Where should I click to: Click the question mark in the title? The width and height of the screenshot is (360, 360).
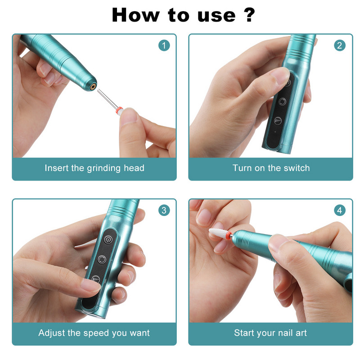tap(249, 15)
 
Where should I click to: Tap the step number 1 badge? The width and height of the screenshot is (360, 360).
tap(164, 45)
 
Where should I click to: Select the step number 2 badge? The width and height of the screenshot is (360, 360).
tap(340, 45)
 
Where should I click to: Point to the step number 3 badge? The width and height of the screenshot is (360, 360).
tap(164, 210)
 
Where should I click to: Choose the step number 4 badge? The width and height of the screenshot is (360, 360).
tap(340, 210)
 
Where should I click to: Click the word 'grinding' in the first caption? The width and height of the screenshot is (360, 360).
tap(103, 168)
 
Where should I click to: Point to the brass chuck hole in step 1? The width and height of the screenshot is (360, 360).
tap(93, 86)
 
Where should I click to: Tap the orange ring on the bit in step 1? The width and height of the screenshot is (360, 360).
tap(119, 110)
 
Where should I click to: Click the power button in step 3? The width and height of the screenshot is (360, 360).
tap(108, 240)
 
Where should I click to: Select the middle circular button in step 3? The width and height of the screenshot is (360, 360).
tap(102, 260)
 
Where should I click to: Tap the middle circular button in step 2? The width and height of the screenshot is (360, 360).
tap(282, 102)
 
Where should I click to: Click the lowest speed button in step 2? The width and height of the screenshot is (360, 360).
tap(278, 121)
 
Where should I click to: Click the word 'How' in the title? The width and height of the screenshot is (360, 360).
tap(135, 15)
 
